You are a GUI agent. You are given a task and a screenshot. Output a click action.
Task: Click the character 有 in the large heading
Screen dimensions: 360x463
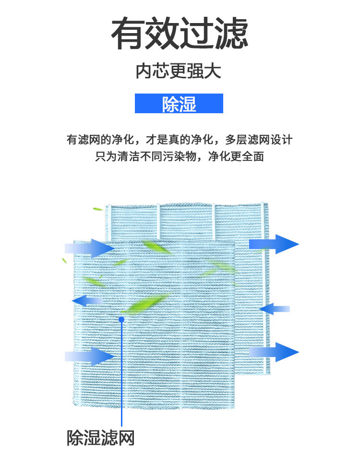(128, 34)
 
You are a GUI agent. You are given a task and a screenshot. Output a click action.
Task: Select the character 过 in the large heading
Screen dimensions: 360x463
(197, 34)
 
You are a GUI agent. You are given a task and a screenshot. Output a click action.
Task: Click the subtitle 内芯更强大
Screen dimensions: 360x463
(179, 71)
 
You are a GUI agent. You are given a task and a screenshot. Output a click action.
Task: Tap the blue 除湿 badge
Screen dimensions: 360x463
(179, 104)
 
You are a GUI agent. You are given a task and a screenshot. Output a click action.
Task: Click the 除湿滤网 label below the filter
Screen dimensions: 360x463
(100, 438)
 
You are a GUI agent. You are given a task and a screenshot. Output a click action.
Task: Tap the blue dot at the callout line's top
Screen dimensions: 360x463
(121, 319)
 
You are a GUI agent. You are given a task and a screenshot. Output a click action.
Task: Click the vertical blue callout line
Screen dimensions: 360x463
(121, 374)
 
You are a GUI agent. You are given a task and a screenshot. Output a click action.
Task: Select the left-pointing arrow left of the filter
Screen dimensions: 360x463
(86, 301)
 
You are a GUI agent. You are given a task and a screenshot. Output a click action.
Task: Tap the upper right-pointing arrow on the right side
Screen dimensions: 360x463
(274, 244)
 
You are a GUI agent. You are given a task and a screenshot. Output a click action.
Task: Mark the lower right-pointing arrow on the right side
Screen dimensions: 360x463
(274, 352)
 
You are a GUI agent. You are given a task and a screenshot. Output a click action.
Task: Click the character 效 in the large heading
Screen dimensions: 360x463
(163, 34)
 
